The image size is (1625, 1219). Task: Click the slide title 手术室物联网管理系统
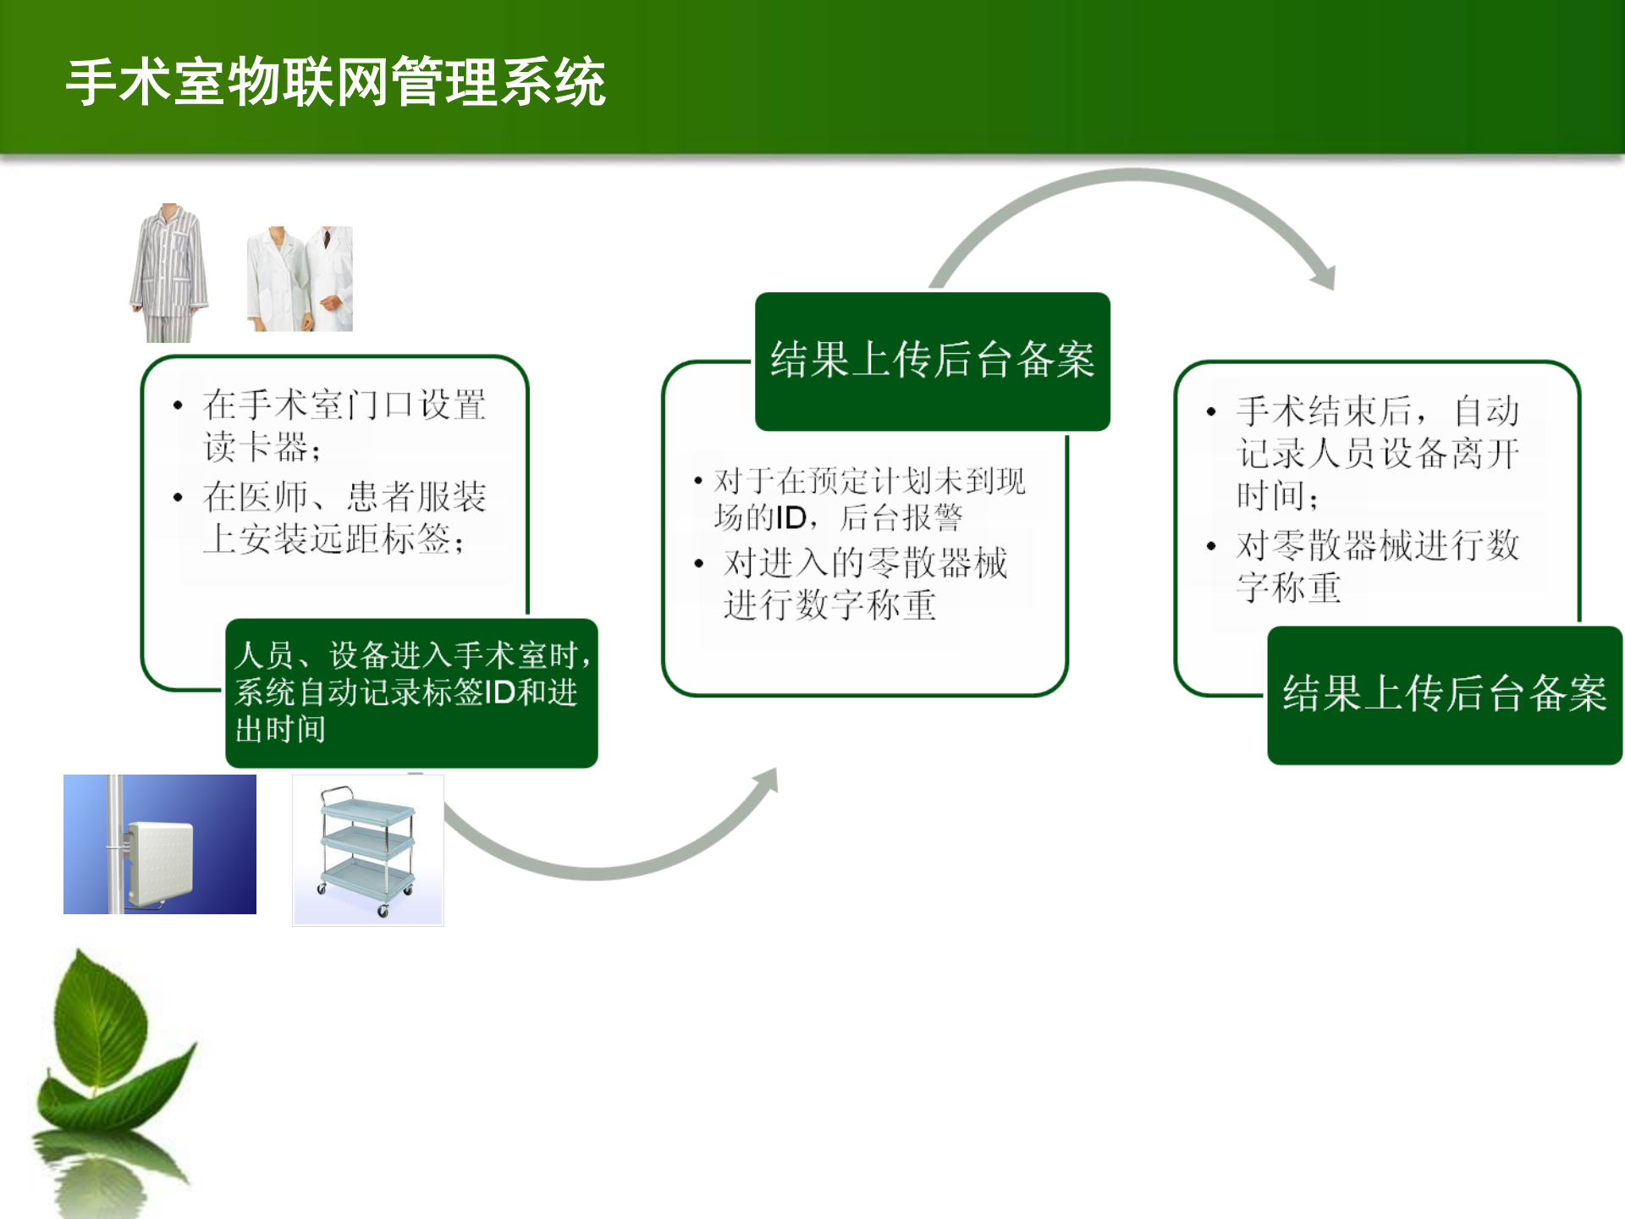tap(336, 82)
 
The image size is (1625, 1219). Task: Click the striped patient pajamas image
tap(169, 273)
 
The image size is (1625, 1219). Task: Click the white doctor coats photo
tap(300, 279)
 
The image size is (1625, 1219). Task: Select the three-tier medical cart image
tap(368, 850)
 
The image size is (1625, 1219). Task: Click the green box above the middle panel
tap(932, 361)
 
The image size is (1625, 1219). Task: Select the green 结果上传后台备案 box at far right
tap(1444, 695)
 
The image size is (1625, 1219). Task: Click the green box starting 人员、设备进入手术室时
tap(411, 692)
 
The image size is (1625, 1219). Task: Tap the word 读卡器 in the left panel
tap(256, 447)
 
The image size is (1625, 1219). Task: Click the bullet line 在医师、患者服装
tap(344, 497)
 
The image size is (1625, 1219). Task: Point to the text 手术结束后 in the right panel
tap(1325, 411)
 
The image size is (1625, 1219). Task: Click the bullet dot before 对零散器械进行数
tap(1211, 546)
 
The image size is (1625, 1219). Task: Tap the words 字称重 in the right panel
tap(1289, 587)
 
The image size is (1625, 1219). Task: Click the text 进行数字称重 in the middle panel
tap(829, 605)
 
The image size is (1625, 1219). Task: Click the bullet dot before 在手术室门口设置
tap(178, 405)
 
